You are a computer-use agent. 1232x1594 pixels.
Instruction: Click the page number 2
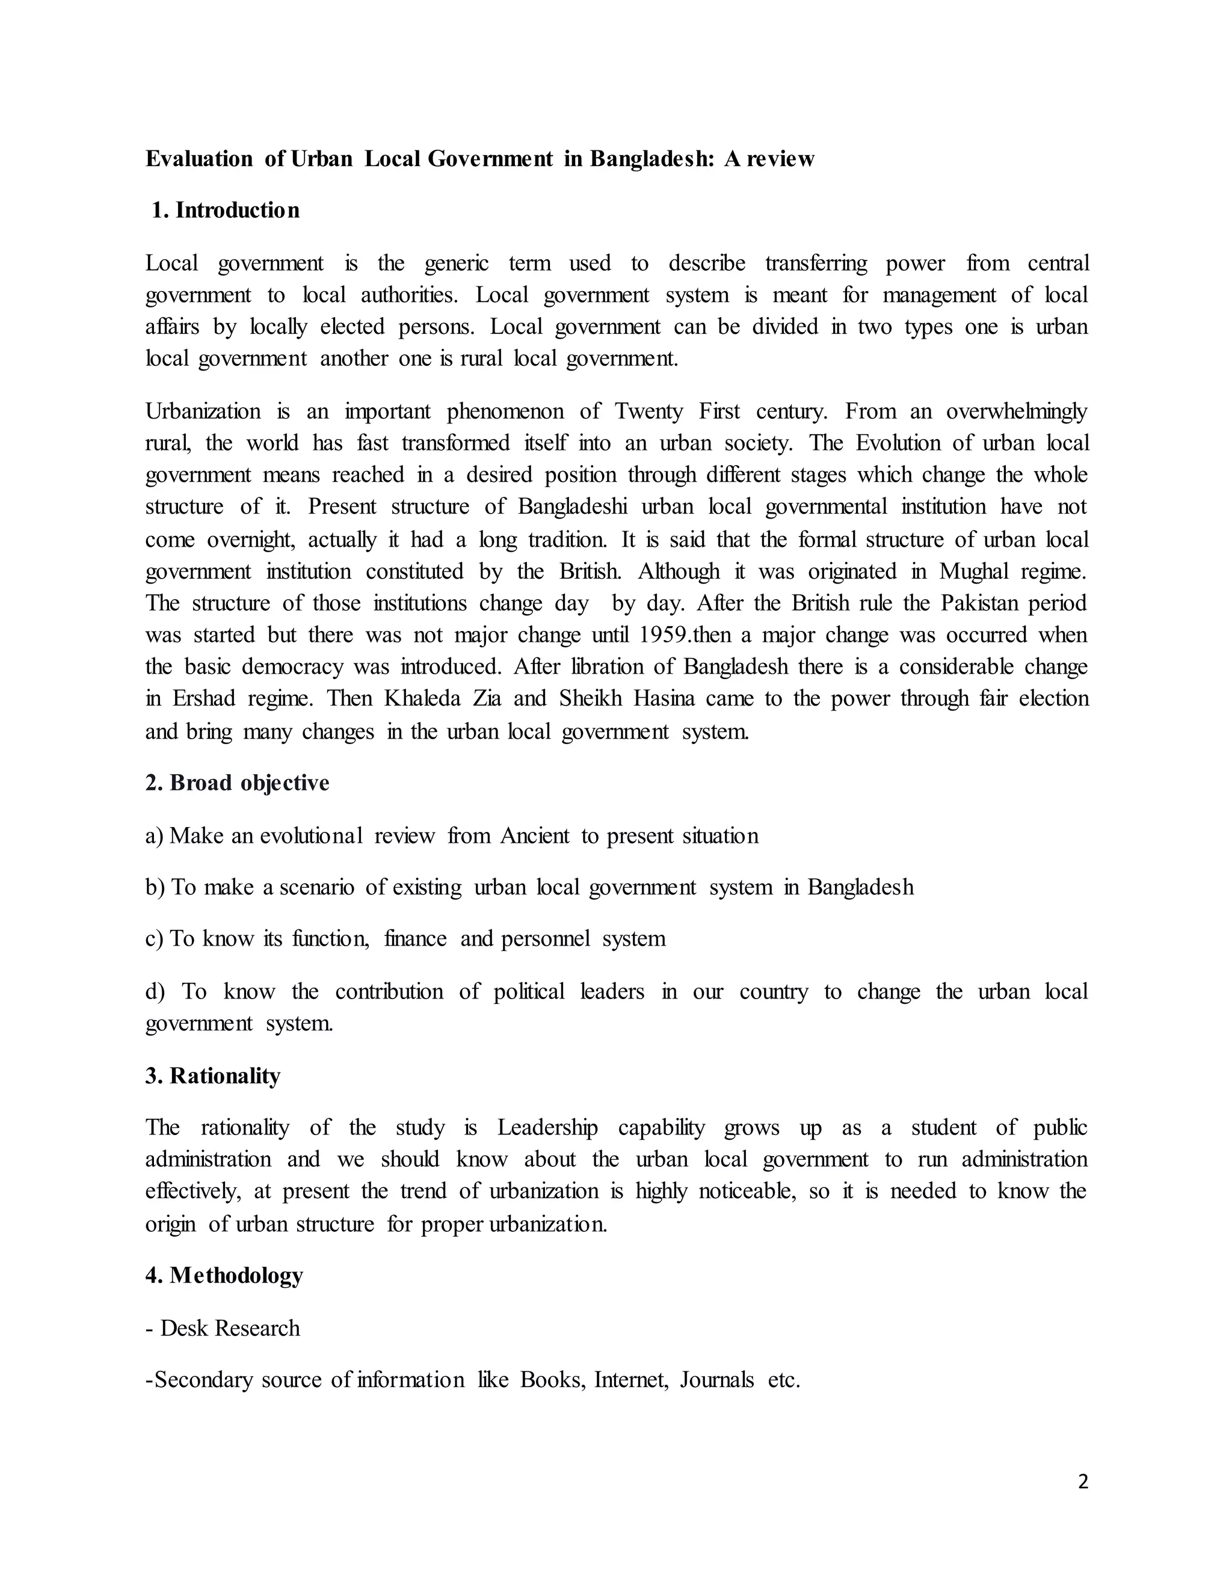[x=1082, y=1482]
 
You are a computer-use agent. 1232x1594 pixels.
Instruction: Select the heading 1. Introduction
[x=226, y=210]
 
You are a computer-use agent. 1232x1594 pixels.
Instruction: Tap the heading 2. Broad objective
[x=237, y=783]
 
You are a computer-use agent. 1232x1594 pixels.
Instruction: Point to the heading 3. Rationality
[x=212, y=1076]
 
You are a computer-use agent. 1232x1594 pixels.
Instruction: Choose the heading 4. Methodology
[x=224, y=1275]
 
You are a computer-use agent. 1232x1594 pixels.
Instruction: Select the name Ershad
[x=204, y=698]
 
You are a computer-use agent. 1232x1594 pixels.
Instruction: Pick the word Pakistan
[x=978, y=603]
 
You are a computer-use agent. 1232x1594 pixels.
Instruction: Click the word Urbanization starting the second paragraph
[x=203, y=411]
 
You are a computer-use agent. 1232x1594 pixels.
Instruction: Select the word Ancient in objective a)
[x=534, y=835]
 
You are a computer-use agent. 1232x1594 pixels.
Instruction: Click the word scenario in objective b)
[x=317, y=887]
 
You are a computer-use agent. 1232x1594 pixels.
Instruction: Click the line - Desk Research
[x=223, y=1328]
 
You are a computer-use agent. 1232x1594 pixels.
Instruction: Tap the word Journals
[x=716, y=1380]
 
